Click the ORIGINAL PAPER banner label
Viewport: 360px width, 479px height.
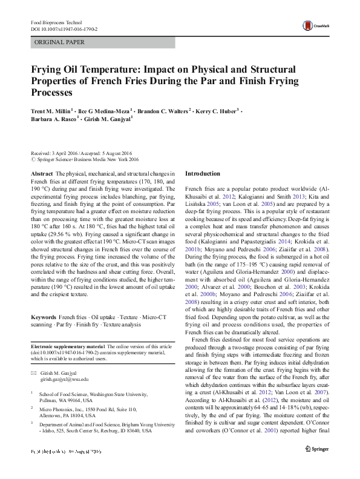click(59, 42)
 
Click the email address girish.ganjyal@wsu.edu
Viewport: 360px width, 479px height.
click(64, 378)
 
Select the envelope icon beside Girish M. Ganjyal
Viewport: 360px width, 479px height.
click(34, 372)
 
